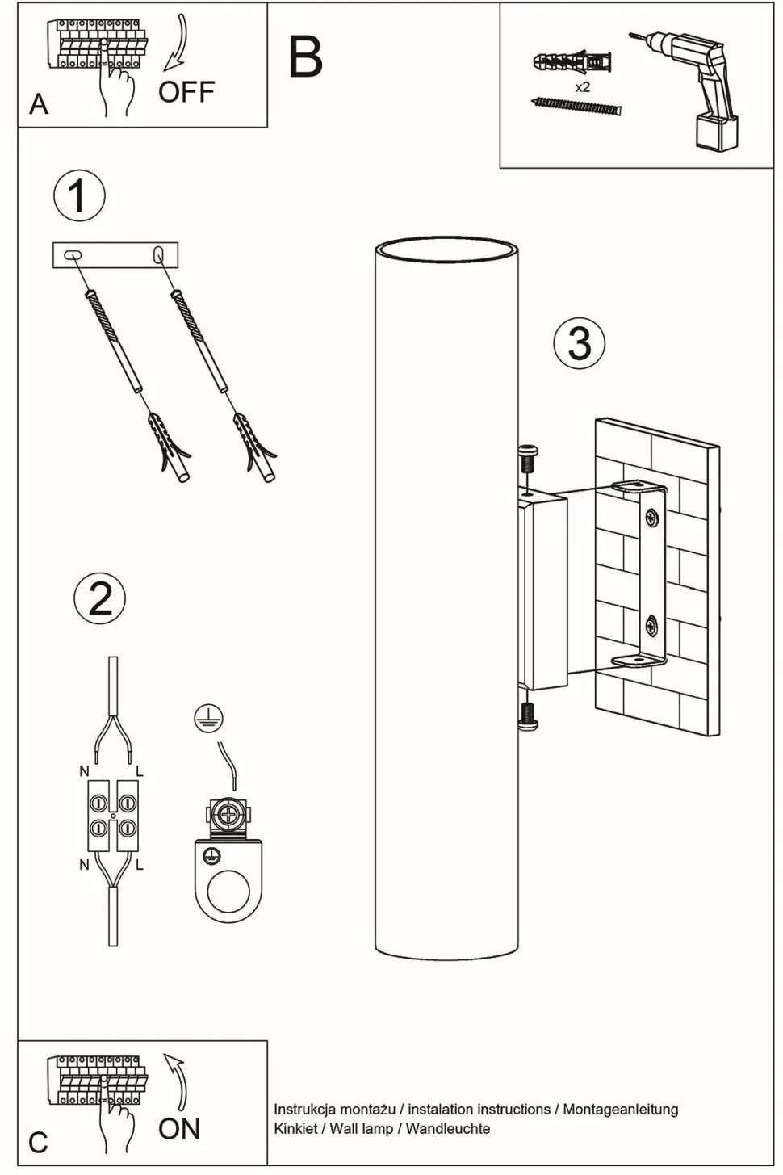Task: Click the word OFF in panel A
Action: click(x=186, y=92)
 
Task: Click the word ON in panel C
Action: click(x=179, y=1128)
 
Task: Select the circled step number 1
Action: click(x=78, y=196)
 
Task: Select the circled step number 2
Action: click(x=100, y=598)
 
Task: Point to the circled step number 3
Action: click(x=579, y=342)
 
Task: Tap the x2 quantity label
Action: click(x=582, y=87)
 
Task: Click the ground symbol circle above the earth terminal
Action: click(x=208, y=716)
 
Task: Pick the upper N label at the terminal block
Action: click(x=84, y=772)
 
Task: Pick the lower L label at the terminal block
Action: click(x=140, y=865)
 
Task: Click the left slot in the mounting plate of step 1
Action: click(x=72, y=255)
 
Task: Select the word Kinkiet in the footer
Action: click(x=295, y=1128)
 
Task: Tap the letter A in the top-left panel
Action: click(x=38, y=104)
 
